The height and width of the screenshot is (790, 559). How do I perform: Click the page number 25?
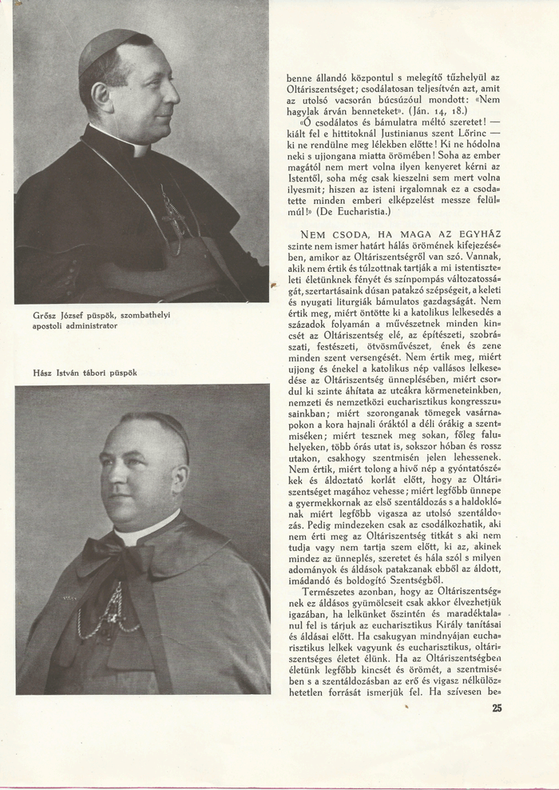pos(497,707)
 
